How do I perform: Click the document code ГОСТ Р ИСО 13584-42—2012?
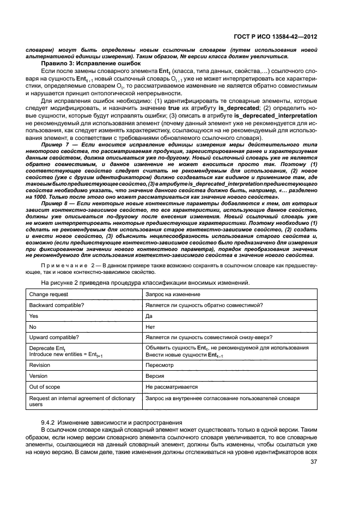point(280,36)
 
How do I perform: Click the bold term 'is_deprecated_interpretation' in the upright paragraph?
point(275,116)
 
